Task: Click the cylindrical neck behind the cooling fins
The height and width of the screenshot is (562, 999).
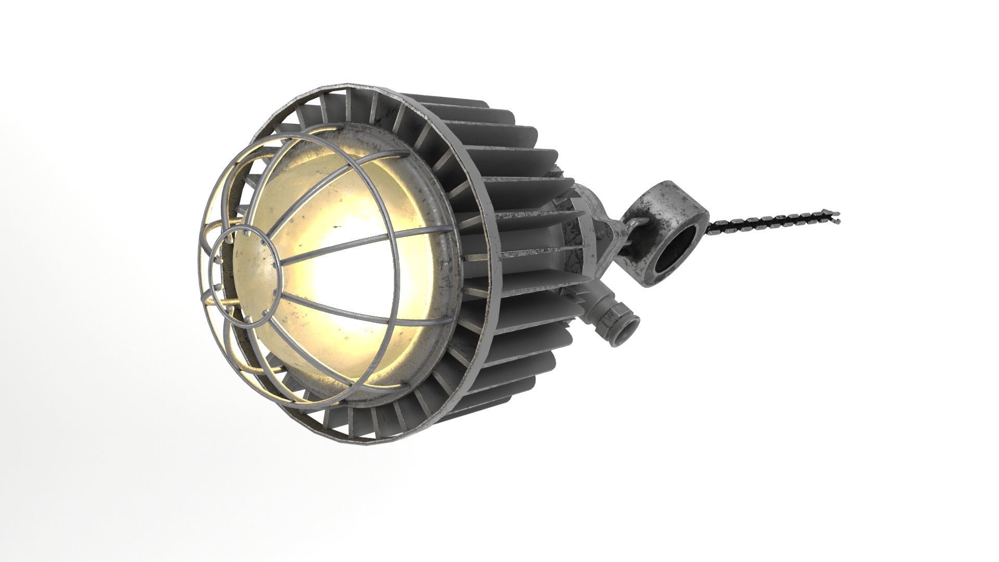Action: [583, 239]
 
